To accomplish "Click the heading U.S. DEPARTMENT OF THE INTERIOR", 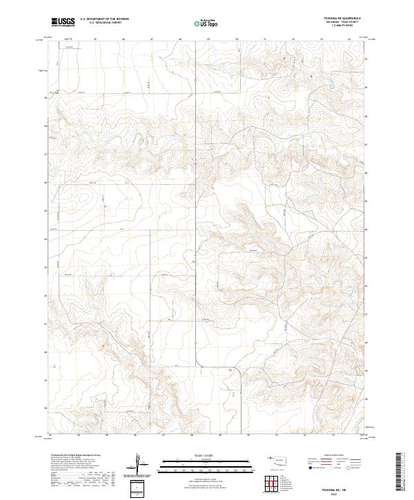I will pyautogui.click(x=104, y=19).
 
